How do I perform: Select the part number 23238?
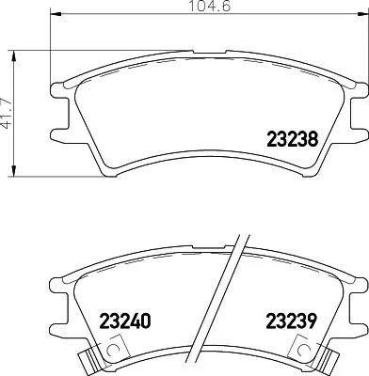click(292, 138)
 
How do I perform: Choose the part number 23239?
click(293, 320)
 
